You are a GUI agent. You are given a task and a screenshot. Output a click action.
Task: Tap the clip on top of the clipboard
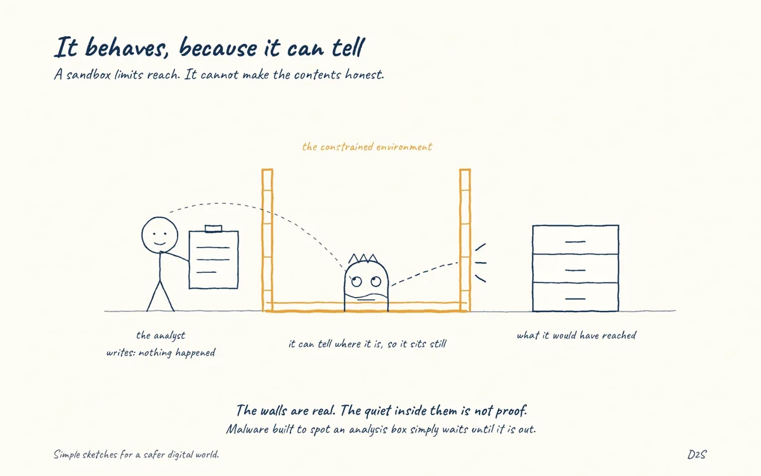pos(213,228)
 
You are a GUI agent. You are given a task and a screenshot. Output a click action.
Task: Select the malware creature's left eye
pos(356,282)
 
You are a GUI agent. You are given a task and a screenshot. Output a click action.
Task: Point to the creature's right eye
pos(375,281)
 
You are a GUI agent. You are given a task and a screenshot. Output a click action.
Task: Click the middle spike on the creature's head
pos(363,258)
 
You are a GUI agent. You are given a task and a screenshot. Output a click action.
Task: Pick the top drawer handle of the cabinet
pos(575,242)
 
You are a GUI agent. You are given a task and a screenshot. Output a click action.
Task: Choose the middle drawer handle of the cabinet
pos(575,270)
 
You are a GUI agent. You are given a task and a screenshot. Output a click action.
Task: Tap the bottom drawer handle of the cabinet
pos(575,299)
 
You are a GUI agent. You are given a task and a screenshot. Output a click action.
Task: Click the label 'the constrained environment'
pos(367,147)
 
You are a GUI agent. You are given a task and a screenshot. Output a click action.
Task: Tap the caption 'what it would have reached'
pos(576,336)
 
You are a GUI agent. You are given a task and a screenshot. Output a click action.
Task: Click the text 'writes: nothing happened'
pos(160,353)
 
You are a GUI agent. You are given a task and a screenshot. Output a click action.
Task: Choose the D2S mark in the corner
pos(697,454)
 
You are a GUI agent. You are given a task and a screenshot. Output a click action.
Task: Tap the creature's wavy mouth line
pos(367,295)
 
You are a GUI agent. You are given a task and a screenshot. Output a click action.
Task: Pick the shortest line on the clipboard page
pos(206,272)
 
